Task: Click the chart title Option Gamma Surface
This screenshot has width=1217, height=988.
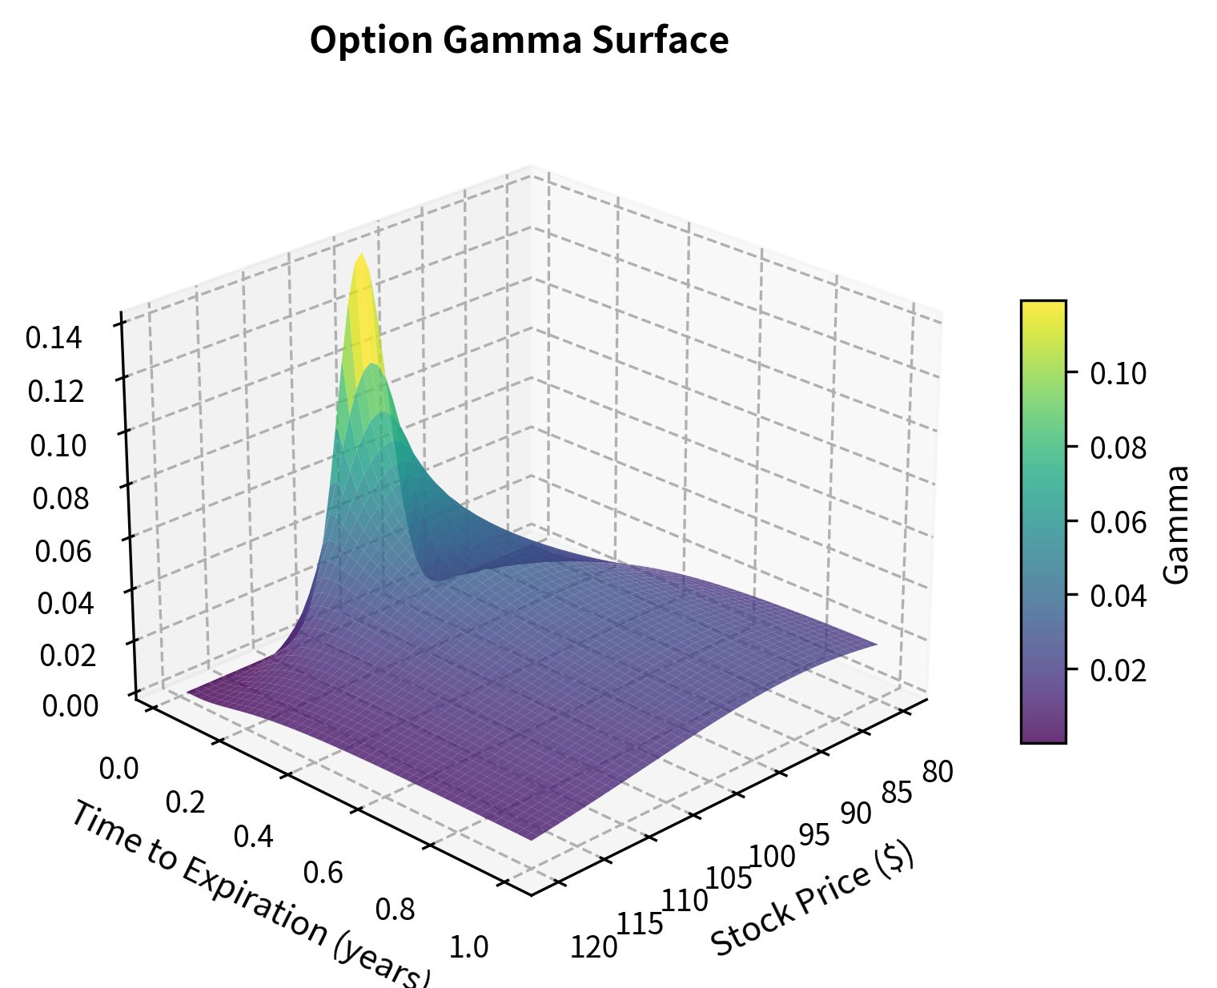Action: pyautogui.click(x=519, y=41)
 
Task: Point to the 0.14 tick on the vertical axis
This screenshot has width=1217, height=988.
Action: pyautogui.click(x=54, y=339)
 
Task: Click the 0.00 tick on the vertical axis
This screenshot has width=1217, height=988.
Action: pyautogui.click(x=70, y=705)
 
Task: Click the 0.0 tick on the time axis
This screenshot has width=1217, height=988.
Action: pyautogui.click(x=119, y=769)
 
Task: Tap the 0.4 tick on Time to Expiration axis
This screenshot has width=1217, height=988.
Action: pyautogui.click(x=254, y=837)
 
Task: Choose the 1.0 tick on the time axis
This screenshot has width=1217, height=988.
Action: pyautogui.click(x=468, y=947)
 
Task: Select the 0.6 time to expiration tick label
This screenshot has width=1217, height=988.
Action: pyautogui.click(x=323, y=872)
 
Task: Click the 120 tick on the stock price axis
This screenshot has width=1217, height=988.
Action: pyautogui.click(x=593, y=947)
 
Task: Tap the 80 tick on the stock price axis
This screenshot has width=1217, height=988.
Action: pyautogui.click(x=937, y=773)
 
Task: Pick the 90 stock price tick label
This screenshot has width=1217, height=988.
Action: pyautogui.click(x=855, y=813)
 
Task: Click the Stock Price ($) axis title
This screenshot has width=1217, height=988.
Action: pyautogui.click(x=812, y=900)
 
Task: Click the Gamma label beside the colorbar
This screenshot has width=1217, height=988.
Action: pyautogui.click(x=1175, y=524)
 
